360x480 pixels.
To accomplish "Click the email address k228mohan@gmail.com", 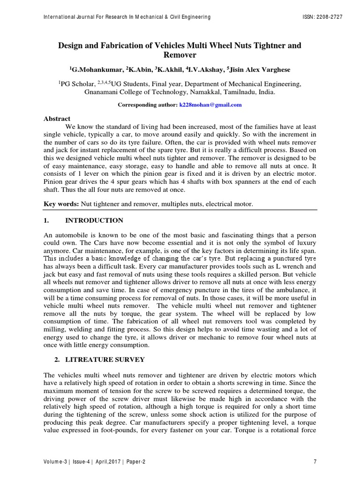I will (210, 105).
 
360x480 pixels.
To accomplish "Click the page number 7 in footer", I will (315, 462).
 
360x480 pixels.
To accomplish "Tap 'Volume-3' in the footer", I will (55, 462).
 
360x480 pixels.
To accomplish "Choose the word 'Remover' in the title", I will (180, 55).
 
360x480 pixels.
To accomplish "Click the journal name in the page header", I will (127, 17).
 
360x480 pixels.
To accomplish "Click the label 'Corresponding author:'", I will (147, 105).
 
